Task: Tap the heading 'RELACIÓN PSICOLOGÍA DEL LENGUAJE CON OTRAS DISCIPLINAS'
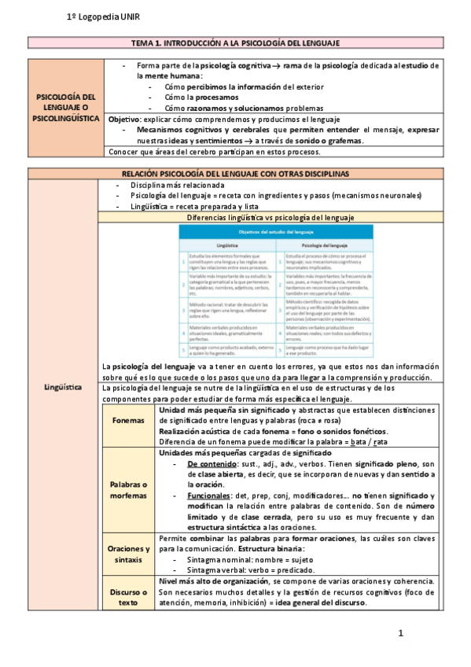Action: tap(235, 173)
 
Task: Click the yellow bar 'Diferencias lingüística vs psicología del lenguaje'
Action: tap(270, 217)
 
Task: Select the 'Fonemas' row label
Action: tap(127, 421)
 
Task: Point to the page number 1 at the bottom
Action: tap(400, 634)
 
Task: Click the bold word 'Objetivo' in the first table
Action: tap(124, 119)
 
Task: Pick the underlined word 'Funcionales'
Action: tap(209, 496)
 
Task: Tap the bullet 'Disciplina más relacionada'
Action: tap(171, 184)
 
